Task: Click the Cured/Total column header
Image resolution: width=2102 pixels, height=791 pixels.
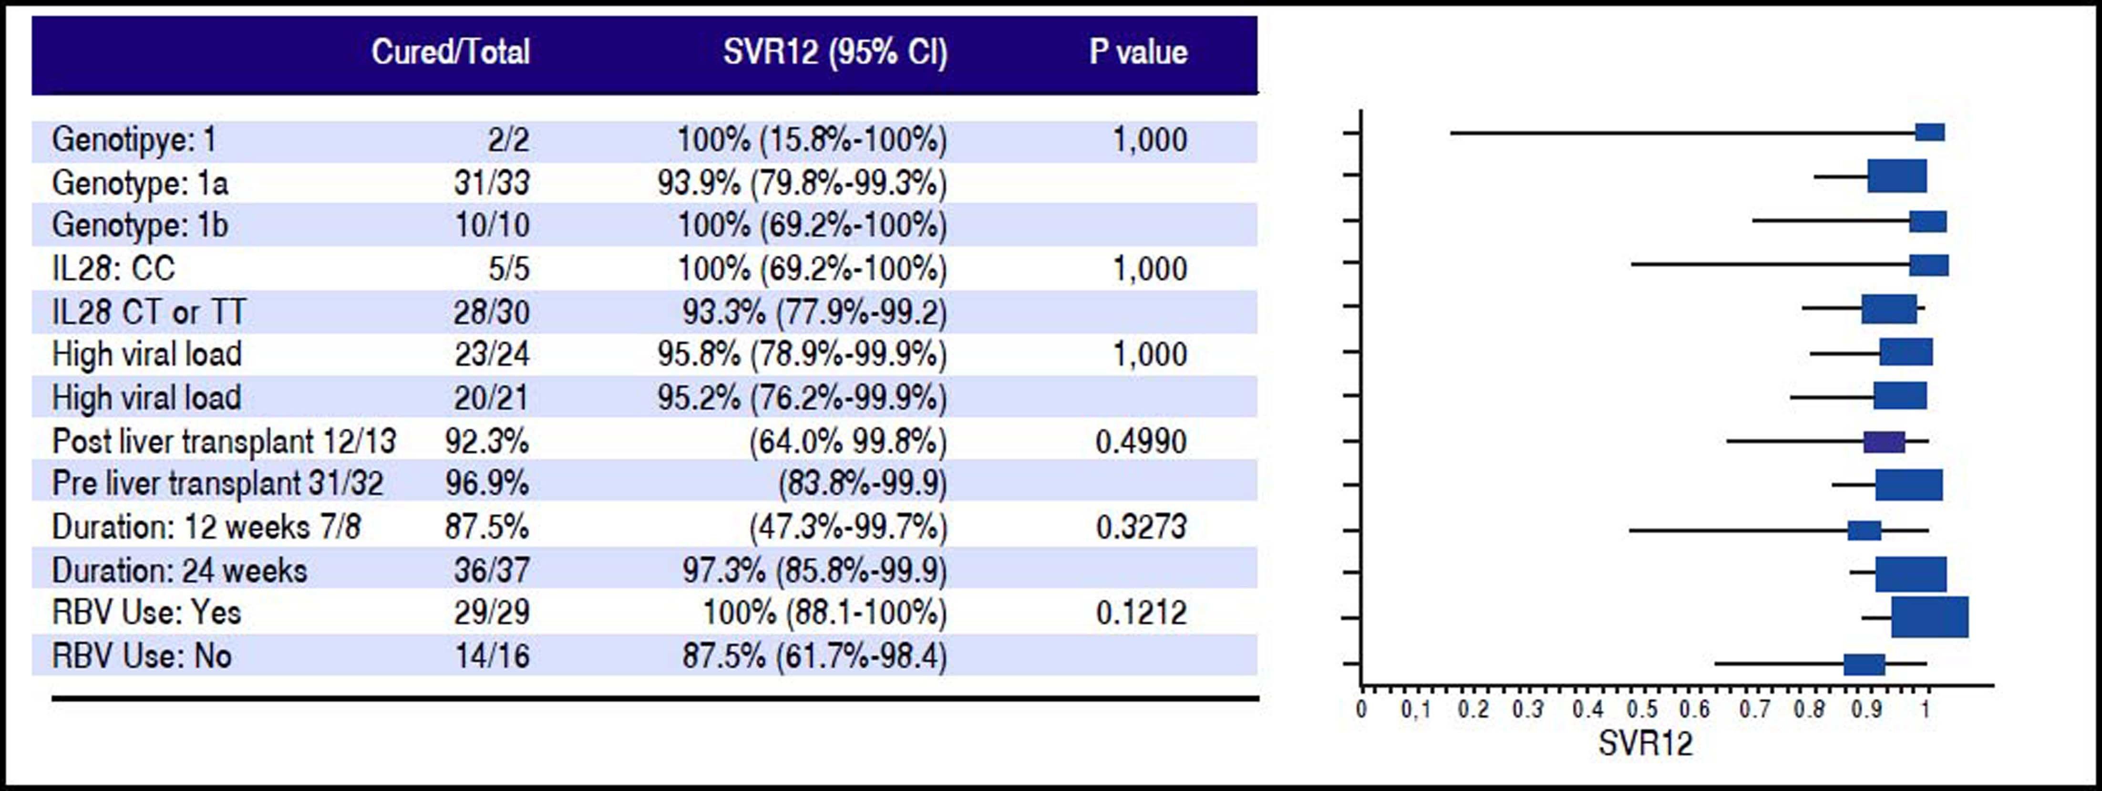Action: (451, 52)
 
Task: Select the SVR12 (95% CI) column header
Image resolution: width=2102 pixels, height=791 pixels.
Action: (835, 52)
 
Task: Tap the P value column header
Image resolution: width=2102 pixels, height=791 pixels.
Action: (1138, 52)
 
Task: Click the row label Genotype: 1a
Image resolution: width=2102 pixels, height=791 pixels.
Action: (140, 183)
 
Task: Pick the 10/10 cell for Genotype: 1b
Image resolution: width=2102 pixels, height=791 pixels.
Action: (492, 225)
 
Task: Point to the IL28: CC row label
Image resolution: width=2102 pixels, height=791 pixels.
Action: (113, 269)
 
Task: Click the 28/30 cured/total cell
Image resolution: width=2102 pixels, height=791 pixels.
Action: (492, 312)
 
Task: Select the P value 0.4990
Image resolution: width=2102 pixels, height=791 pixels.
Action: (1141, 442)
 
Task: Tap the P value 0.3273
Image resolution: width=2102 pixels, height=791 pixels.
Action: (1141, 527)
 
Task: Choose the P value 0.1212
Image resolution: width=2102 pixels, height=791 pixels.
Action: (1141, 612)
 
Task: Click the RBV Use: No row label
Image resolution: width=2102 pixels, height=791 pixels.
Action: (141, 656)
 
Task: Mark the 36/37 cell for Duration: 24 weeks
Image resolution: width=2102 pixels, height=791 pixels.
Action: (492, 570)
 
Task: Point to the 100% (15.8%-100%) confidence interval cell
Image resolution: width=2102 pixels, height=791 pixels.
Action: (812, 140)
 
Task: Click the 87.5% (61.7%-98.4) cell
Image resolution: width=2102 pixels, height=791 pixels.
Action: (814, 656)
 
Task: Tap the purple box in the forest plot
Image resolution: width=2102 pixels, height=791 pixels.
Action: (1884, 442)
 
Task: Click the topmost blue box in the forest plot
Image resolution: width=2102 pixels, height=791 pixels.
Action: (1930, 132)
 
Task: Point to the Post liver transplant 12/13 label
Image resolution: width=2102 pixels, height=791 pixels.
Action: (224, 442)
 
